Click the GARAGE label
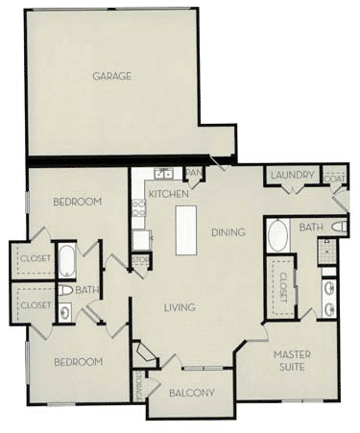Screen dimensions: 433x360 (x=111, y=76)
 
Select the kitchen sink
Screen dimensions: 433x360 (x=163, y=174)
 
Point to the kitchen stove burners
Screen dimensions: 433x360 (x=141, y=239)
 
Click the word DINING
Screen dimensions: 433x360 (x=228, y=231)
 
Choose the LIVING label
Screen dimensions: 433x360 (x=180, y=307)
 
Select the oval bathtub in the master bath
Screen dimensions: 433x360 (x=278, y=235)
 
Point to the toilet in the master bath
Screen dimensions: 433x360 (x=337, y=227)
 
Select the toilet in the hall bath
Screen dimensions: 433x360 (x=64, y=289)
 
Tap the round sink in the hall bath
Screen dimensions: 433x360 (x=64, y=310)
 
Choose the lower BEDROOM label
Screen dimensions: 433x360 (x=77, y=361)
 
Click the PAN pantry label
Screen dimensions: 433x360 (x=194, y=173)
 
